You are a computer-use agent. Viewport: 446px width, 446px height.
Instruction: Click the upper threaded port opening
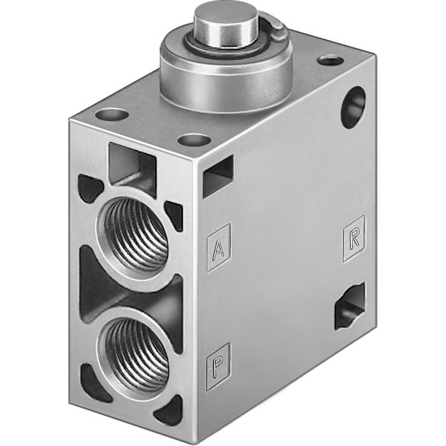coord(134,234)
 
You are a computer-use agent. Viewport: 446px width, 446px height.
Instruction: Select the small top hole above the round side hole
coord(330,61)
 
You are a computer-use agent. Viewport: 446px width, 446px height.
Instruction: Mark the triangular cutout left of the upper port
coord(89,189)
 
